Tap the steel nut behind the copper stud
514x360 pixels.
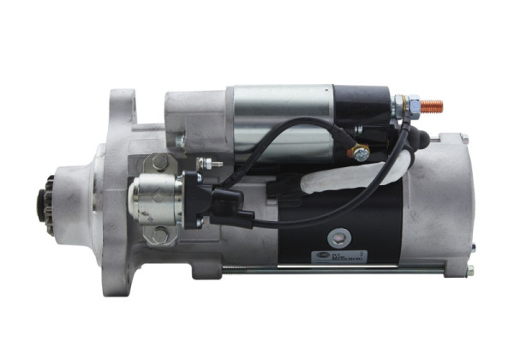413,106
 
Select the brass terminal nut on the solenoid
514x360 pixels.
361,153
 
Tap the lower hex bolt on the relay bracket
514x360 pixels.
160,233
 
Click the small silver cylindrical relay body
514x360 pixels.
154,196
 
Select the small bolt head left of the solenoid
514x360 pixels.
179,142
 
